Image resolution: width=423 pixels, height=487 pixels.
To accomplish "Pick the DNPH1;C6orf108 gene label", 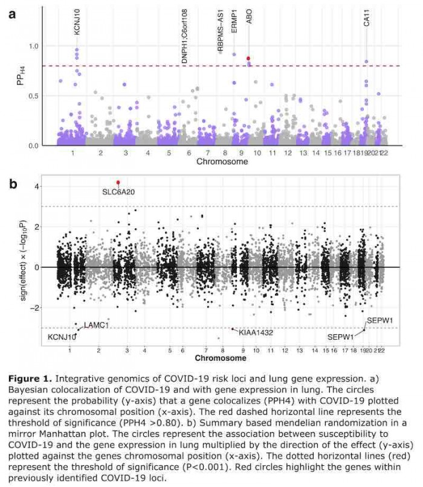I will click(x=184, y=37).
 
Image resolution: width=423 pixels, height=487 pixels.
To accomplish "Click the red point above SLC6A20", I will click(x=118, y=182).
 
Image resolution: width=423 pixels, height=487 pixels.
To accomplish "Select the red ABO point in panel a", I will click(x=248, y=58).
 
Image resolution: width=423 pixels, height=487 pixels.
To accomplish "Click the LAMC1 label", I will click(x=96, y=325).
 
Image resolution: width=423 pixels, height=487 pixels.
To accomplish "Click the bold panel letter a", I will click(x=12, y=13).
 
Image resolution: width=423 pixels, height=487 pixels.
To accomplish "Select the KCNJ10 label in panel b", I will click(x=62, y=337).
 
